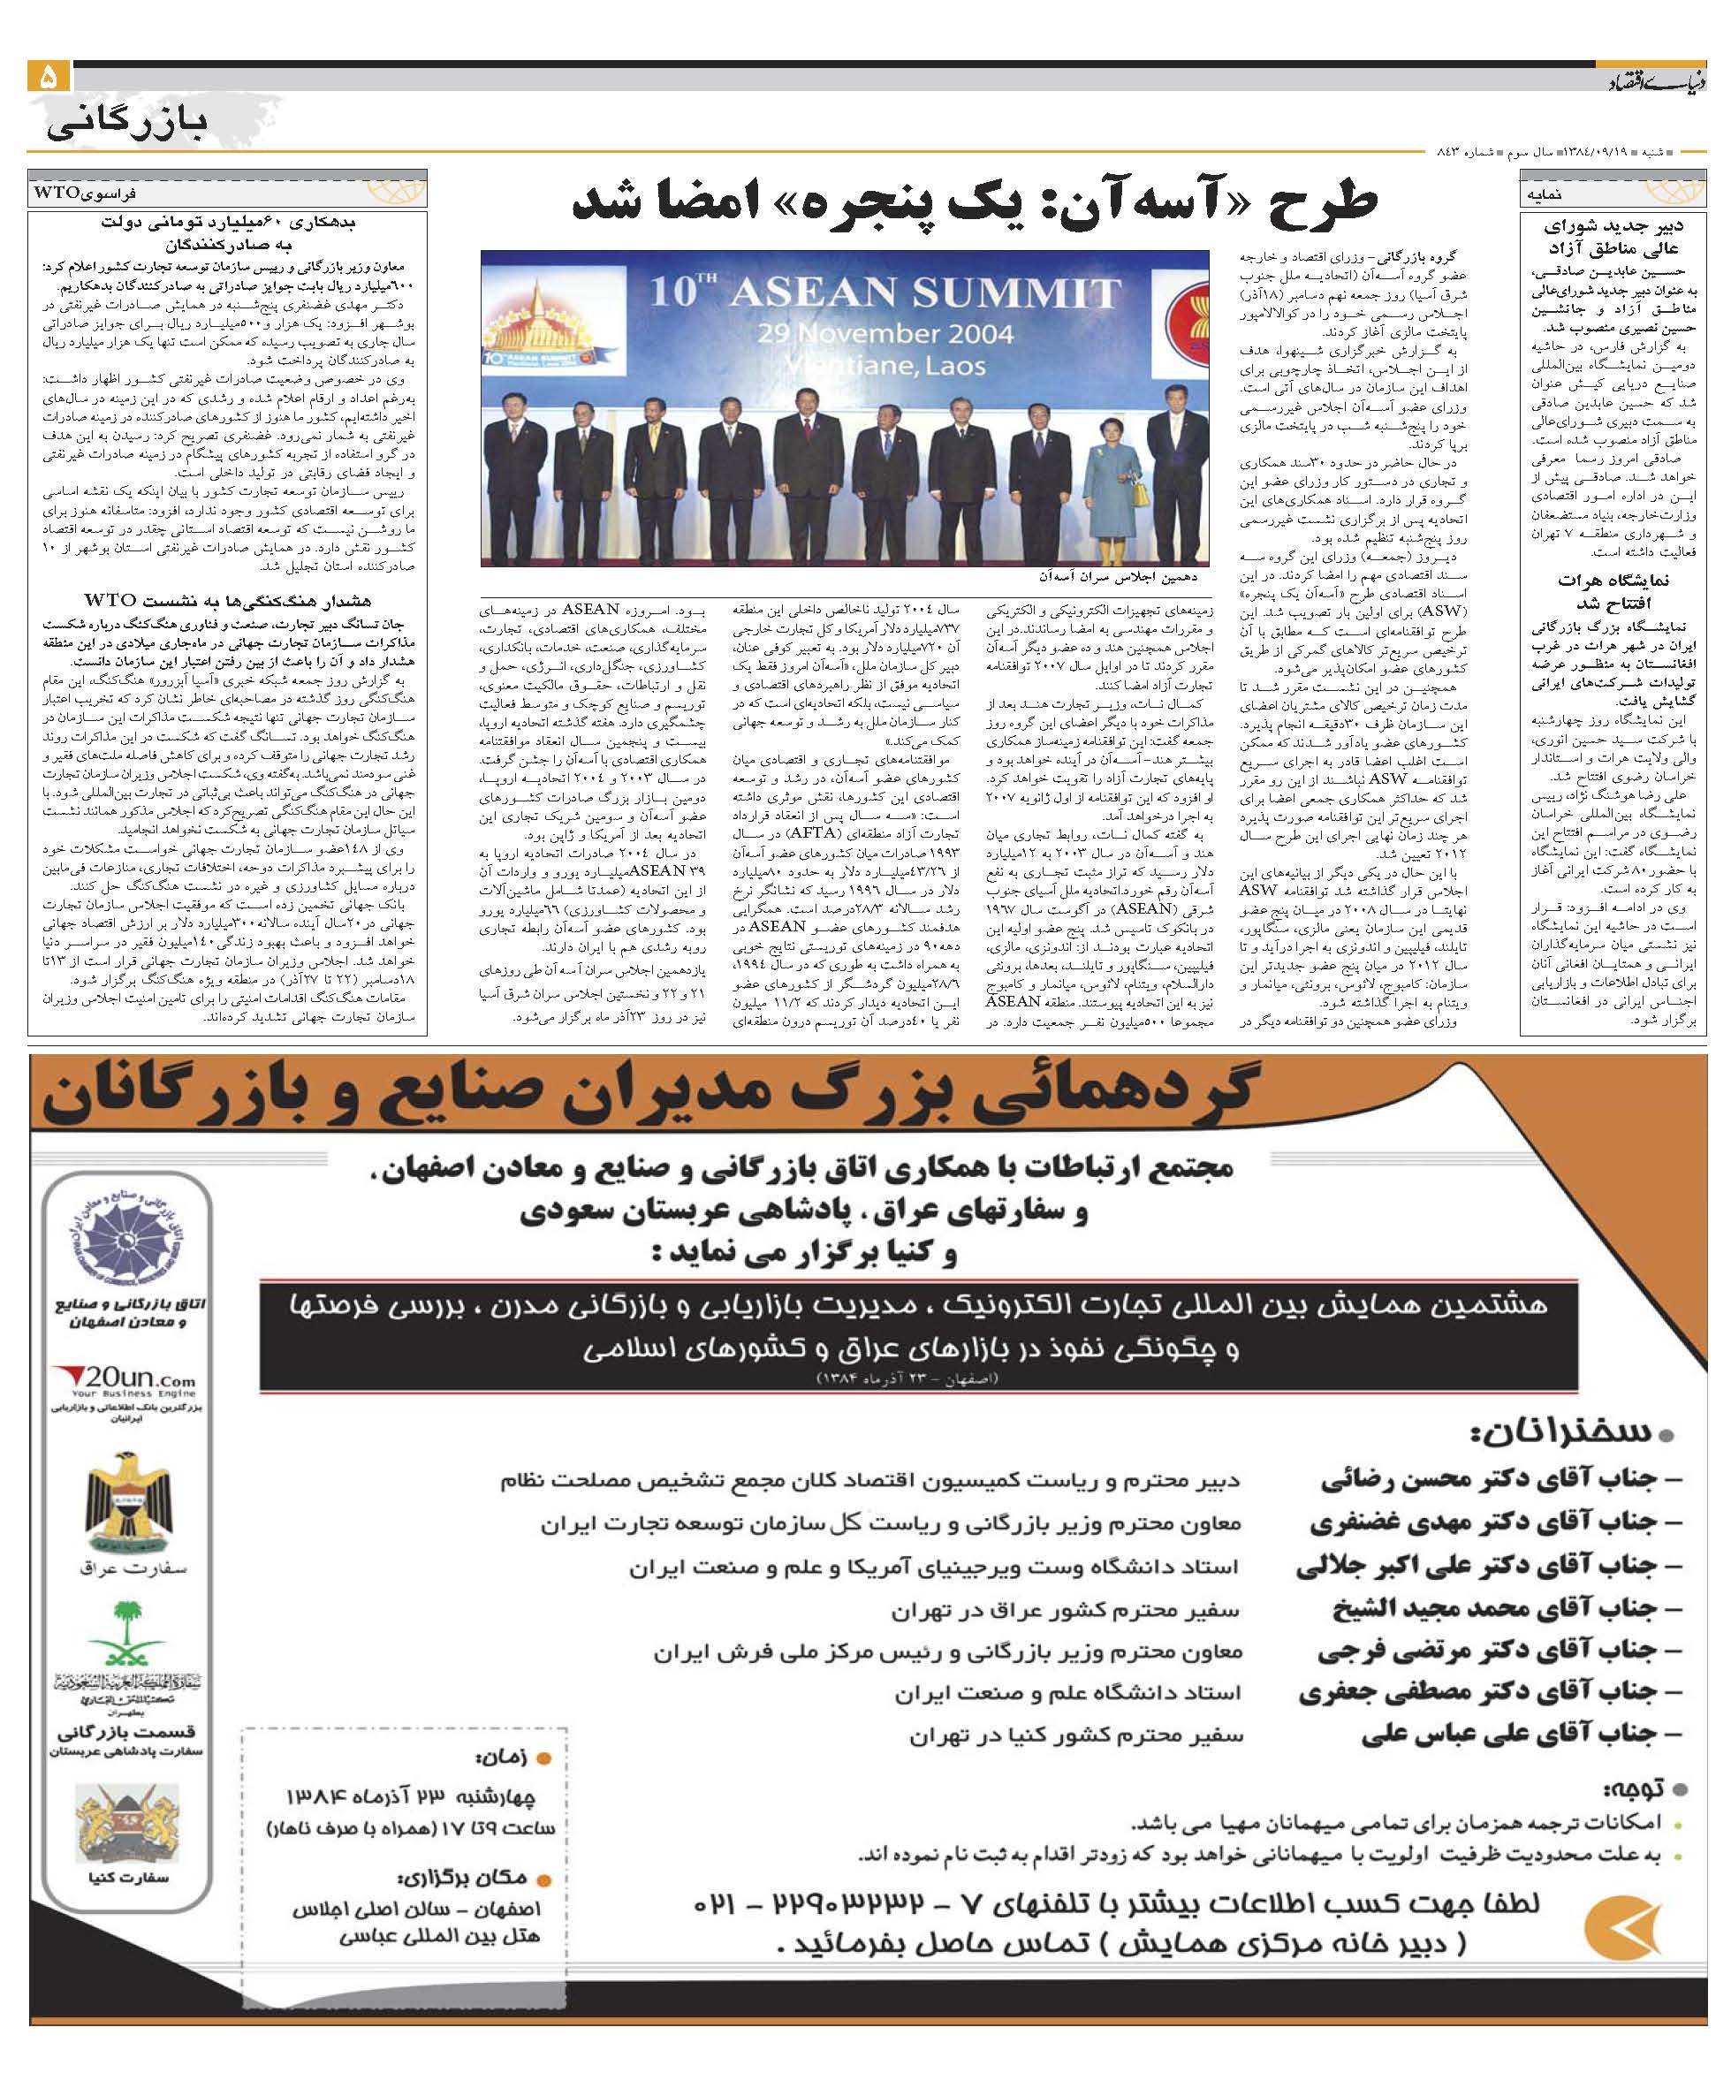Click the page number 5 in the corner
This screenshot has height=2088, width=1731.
click(49, 77)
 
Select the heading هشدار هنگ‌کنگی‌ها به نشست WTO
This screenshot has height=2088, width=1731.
click(229, 601)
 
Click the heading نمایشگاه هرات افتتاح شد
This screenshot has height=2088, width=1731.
click(1612, 592)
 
